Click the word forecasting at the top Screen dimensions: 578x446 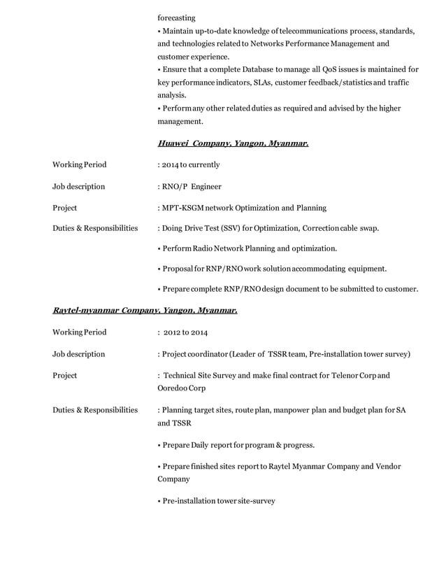[177, 17]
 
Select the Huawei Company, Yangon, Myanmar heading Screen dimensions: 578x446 [233, 143]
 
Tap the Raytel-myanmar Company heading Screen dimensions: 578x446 [145, 310]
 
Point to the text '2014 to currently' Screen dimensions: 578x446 [191, 165]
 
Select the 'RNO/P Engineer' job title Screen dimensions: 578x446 [192, 187]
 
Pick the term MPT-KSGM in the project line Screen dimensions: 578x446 [185, 208]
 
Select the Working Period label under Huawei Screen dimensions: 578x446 [80, 165]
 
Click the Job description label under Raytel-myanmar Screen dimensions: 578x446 [79, 354]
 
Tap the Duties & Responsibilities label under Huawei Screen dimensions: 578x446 [95, 229]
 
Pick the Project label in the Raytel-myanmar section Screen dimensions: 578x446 [65, 375]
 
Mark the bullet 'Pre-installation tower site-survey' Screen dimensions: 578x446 [218, 501]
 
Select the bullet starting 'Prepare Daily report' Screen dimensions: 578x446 [238, 445]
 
